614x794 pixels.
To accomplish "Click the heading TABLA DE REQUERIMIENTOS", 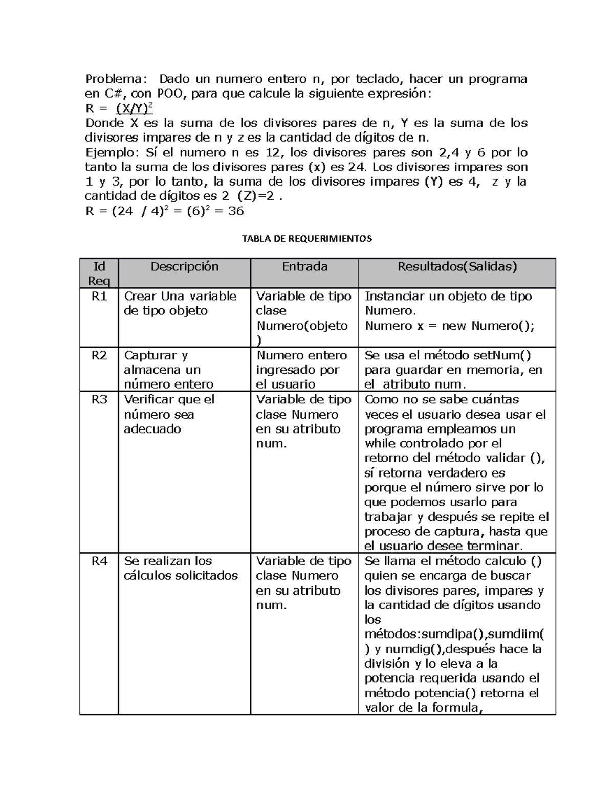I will click(x=306, y=238).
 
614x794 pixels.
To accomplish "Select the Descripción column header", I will click(x=184, y=266).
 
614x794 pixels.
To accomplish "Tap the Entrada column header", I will click(x=304, y=266).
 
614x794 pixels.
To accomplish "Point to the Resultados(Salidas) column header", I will click(x=457, y=266).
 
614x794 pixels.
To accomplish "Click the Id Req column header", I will click(x=99, y=273).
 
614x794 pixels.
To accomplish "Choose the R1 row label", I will click(x=99, y=297).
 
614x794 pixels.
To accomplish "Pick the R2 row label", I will click(x=99, y=355).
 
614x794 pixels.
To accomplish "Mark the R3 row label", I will click(x=99, y=400).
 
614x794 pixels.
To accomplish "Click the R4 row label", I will click(x=99, y=561).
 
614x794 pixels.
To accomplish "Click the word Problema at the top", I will click(x=115, y=79).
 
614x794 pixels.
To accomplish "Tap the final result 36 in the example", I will click(x=235, y=211).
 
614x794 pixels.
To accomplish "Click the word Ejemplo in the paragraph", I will click(x=111, y=153).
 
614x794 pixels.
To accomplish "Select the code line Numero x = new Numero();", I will click(x=449, y=326).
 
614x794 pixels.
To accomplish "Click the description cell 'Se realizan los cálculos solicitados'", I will click(x=181, y=569).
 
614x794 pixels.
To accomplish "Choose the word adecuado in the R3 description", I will click(x=152, y=429).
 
